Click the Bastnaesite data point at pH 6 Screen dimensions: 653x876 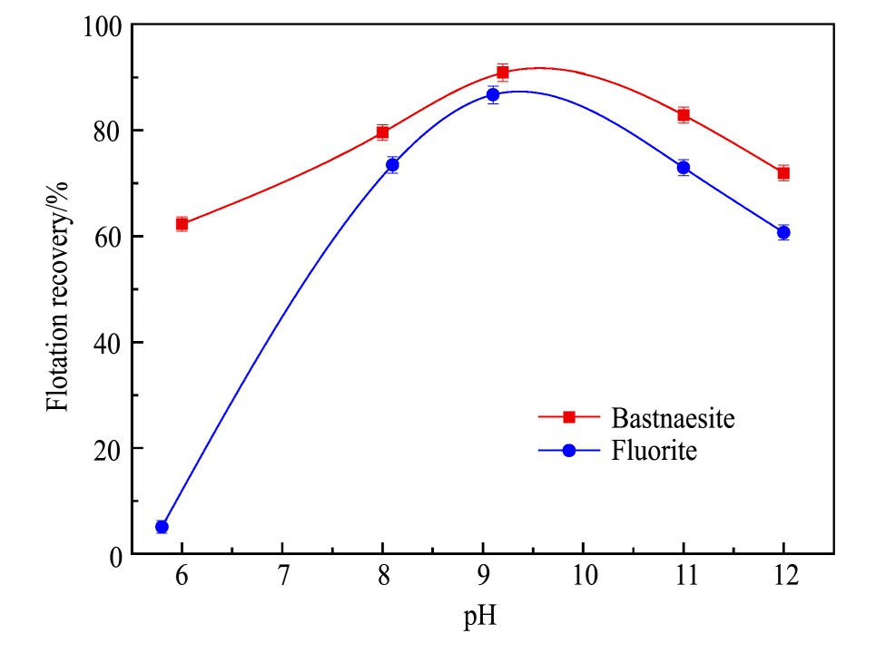coord(182,223)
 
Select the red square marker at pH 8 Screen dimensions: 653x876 coord(382,132)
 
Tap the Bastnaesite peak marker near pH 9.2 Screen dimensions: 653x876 coord(502,73)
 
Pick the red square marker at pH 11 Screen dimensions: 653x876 coord(683,115)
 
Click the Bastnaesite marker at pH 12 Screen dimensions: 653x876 coord(782,172)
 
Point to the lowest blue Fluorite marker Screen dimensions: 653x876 coord(162,526)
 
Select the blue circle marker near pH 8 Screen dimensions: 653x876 coord(392,164)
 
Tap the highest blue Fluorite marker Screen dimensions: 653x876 coord(493,94)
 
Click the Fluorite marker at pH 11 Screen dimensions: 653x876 coord(683,168)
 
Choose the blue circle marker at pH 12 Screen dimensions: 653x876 coord(782,232)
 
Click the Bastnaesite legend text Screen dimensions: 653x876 coord(673,418)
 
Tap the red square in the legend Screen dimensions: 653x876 coord(569,417)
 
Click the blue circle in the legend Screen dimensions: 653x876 coord(569,450)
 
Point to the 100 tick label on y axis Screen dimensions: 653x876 coord(101,25)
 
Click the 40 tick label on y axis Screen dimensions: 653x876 coord(107,343)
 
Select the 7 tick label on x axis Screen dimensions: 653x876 coord(282,577)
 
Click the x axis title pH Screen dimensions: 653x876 coord(481,619)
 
